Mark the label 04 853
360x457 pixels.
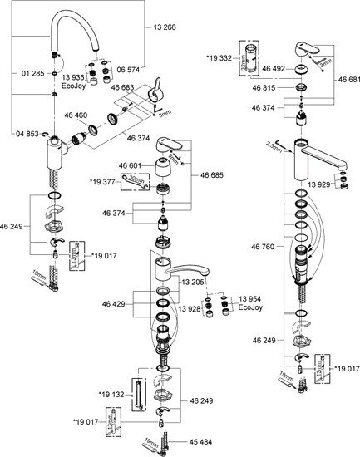(26, 132)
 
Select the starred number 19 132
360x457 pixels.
(112, 393)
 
